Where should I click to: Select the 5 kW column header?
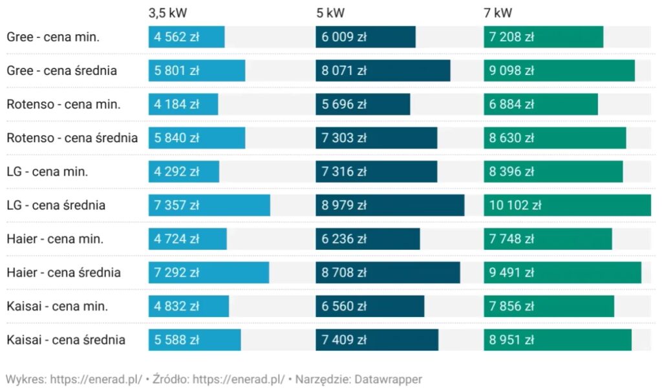[330, 13]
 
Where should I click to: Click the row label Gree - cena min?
[53, 37]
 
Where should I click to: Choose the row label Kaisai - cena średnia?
[66, 340]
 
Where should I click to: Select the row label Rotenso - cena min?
[63, 104]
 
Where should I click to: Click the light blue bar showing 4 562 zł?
[186, 37]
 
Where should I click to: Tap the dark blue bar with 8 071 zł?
[383, 70]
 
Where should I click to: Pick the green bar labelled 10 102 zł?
[567, 205]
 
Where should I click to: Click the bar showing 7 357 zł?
[209, 205]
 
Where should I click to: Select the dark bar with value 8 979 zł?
[390, 205]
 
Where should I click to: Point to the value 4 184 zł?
[176, 104]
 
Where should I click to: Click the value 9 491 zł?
[511, 273]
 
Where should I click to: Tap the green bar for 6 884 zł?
[540, 104]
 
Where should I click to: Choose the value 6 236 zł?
[344, 239]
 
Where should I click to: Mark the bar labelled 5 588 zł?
[194, 340]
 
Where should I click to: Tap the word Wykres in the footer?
[25, 379]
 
